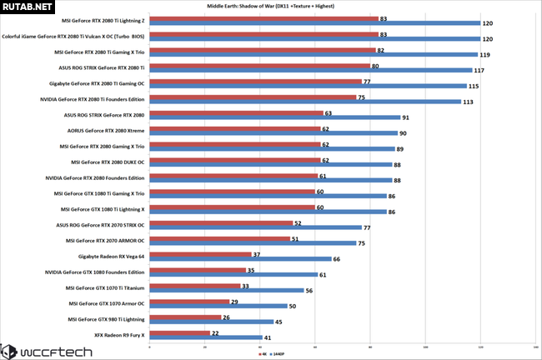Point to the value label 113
tap(469, 102)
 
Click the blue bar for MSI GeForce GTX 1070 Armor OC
tap(218, 306)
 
